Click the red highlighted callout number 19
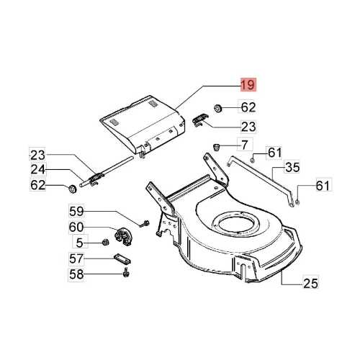pyautogui.click(x=248, y=85)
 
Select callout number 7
pyautogui.click(x=245, y=145)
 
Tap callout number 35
pyautogui.click(x=292, y=167)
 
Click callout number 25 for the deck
pyautogui.click(x=311, y=283)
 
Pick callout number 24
pyautogui.click(x=38, y=169)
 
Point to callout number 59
pyautogui.click(x=76, y=211)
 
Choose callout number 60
pyautogui.click(x=76, y=227)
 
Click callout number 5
pyautogui.click(x=80, y=243)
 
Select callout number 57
pyautogui.click(x=76, y=258)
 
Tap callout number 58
pyautogui.click(x=76, y=274)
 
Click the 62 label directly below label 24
pyautogui.click(x=38, y=185)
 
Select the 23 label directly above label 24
pyautogui.click(x=37, y=155)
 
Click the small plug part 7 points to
pyautogui.click(x=217, y=147)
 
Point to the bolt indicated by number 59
pyautogui.click(x=145, y=224)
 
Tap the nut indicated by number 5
pyautogui.click(x=106, y=242)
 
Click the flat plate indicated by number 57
pyautogui.click(x=122, y=258)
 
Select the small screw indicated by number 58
pyautogui.click(x=126, y=274)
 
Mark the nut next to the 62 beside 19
pyautogui.click(x=217, y=108)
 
